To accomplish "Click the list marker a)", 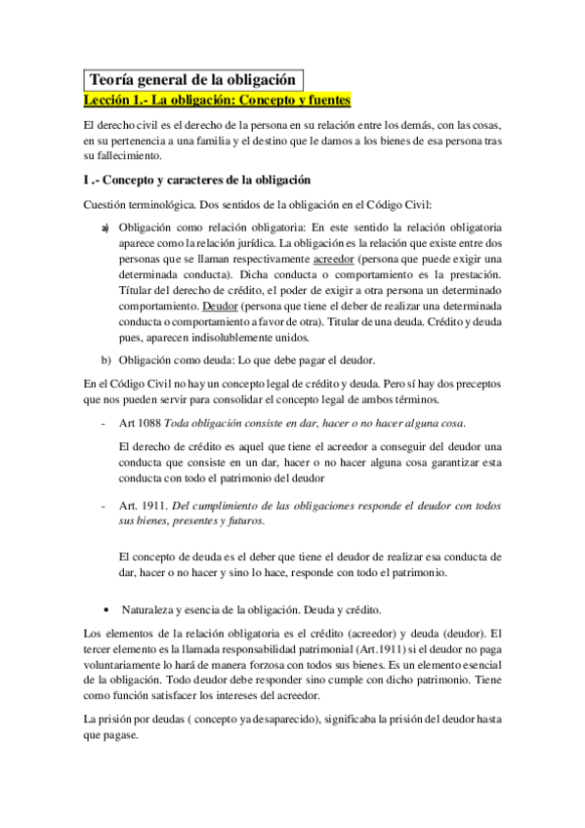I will tap(105, 227).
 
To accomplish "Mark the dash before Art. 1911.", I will tap(104, 506).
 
